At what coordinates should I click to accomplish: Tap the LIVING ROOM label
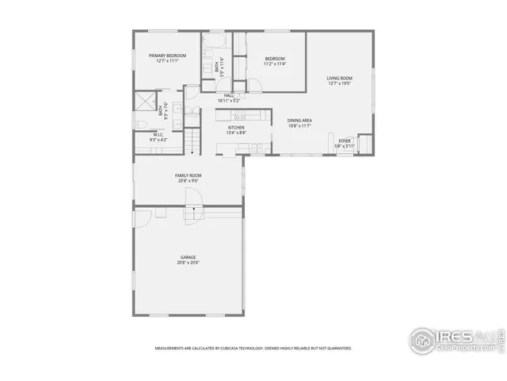tap(339, 78)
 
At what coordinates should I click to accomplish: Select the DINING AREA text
tap(299, 120)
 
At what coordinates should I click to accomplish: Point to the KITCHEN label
tap(236, 127)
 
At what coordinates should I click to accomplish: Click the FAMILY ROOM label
tap(188, 175)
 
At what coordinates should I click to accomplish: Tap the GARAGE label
tap(188, 257)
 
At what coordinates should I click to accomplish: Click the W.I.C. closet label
tap(158, 134)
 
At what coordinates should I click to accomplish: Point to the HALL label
tap(228, 95)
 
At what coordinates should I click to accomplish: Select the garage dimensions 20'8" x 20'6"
tap(188, 263)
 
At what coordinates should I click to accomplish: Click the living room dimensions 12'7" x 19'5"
tap(339, 83)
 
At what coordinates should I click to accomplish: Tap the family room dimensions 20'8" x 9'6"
tap(188, 180)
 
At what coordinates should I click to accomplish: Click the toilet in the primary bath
tap(139, 125)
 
